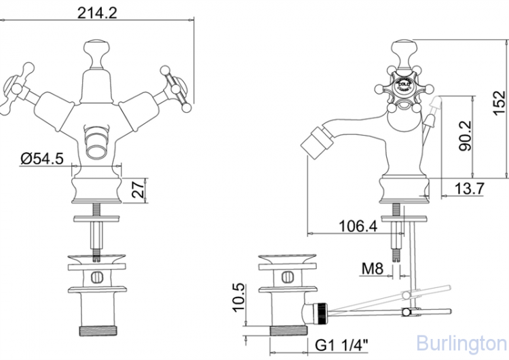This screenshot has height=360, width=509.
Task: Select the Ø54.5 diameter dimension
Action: [x=42, y=158]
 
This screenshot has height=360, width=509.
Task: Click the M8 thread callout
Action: [x=373, y=270]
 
